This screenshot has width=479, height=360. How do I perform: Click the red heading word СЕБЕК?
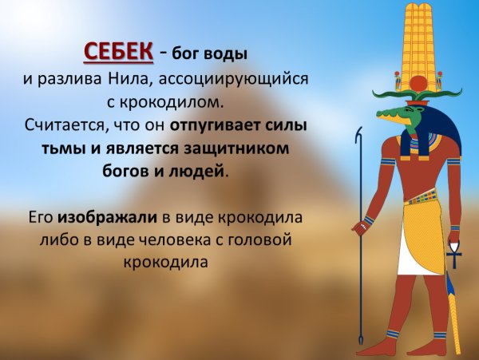119,51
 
